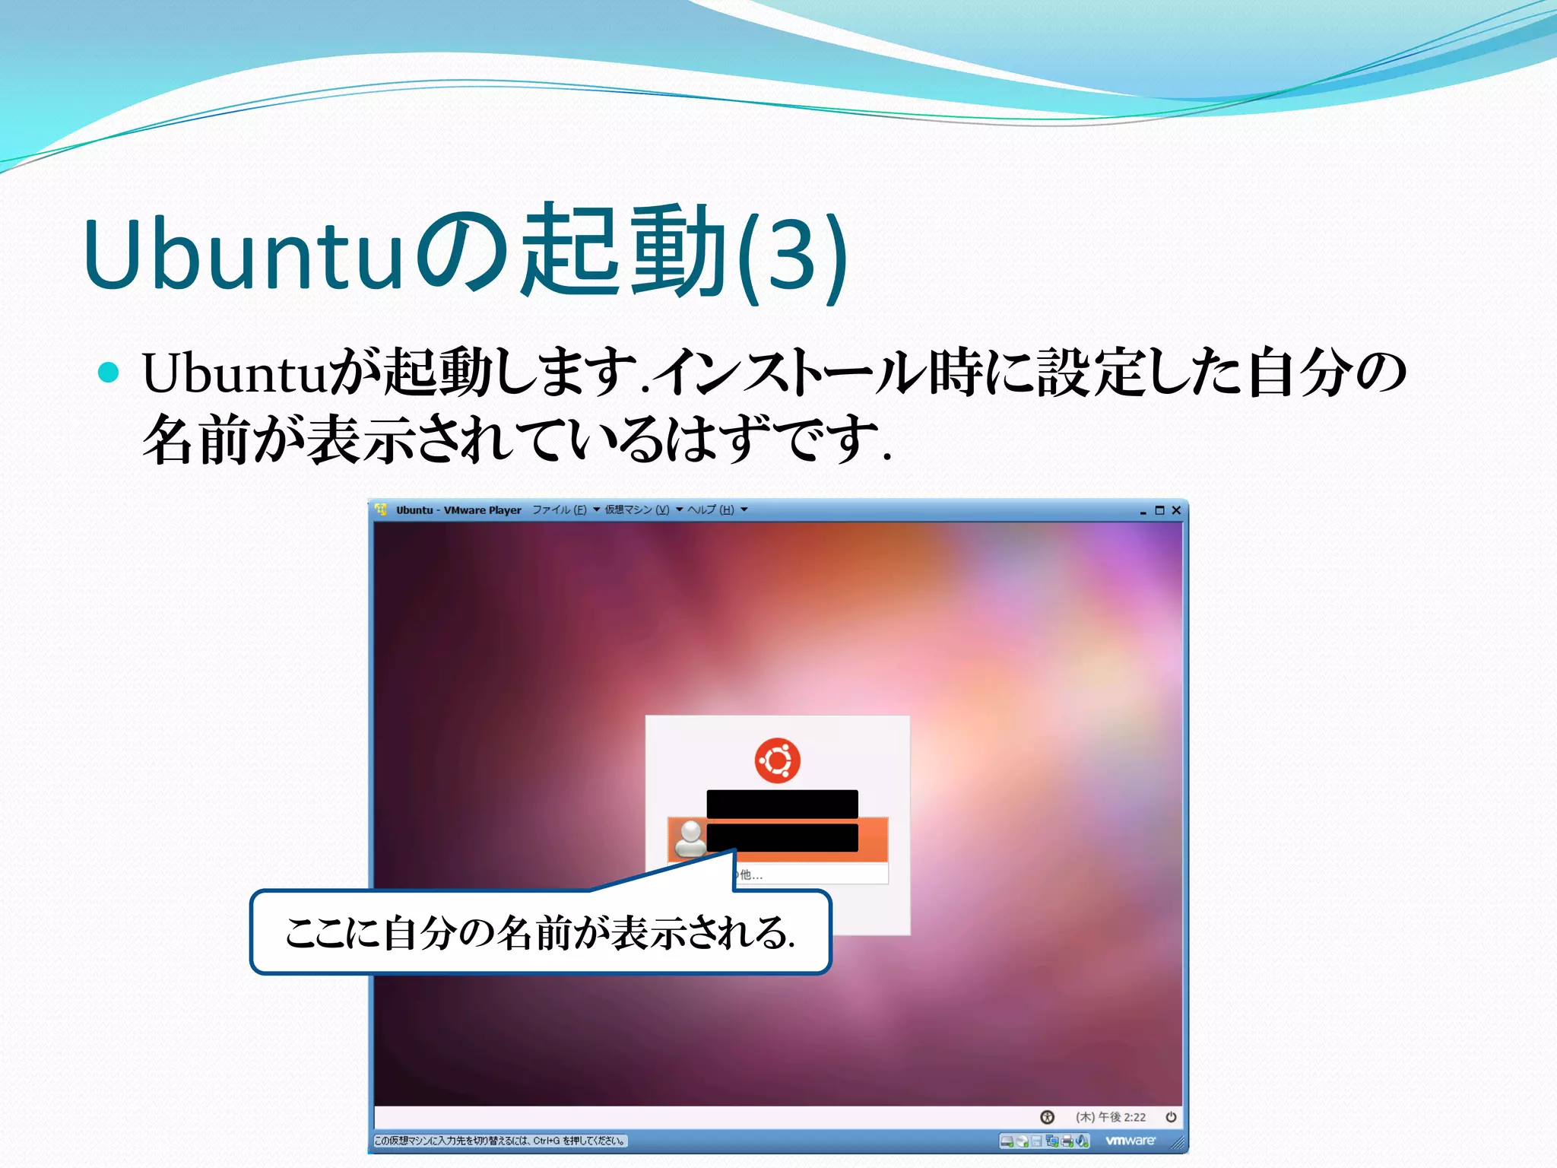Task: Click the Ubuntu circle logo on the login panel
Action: point(777,760)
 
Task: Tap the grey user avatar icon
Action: point(690,838)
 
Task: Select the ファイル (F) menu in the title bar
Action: point(560,510)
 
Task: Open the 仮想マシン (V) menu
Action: point(637,510)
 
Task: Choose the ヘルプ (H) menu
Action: point(711,510)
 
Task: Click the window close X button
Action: point(1176,510)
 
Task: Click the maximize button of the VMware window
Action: point(1159,510)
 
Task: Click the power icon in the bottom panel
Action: point(1171,1117)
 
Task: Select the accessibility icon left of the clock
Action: point(1047,1117)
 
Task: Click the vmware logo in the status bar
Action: point(1130,1141)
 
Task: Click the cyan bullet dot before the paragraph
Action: point(109,373)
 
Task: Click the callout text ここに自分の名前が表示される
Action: point(540,933)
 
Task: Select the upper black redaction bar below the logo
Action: point(782,803)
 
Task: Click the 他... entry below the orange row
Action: point(751,874)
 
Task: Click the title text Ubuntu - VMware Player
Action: point(458,510)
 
